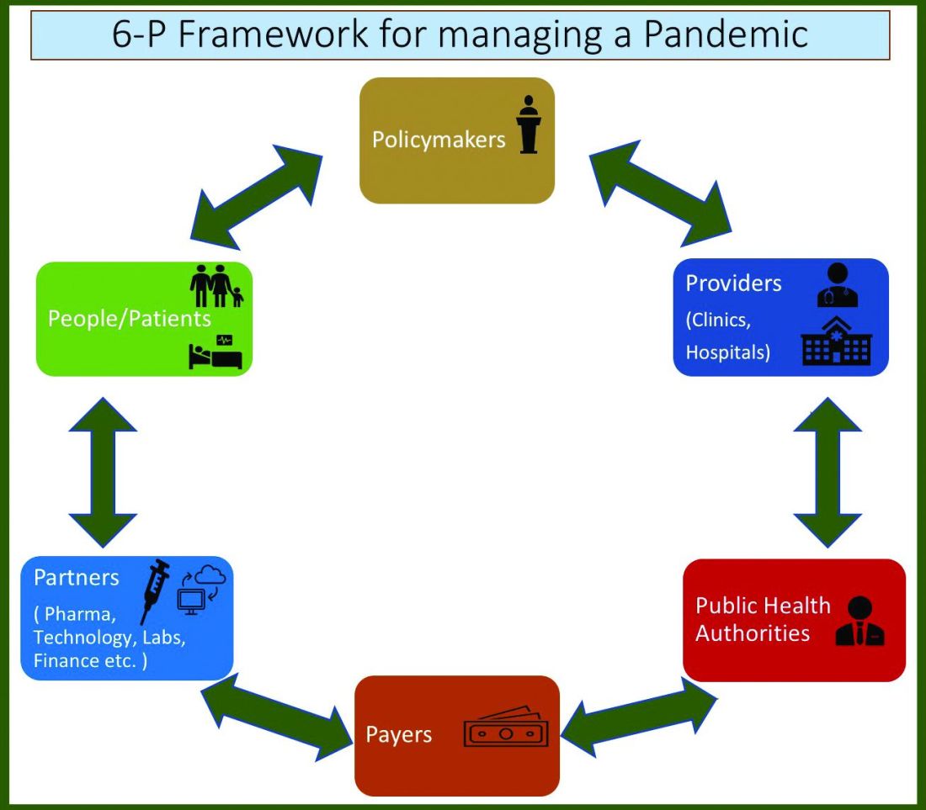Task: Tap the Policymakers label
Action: (439, 139)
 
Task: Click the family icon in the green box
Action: (216, 286)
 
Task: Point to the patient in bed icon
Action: (216, 352)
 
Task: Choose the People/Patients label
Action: (129, 319)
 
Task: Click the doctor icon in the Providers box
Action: (837, 286)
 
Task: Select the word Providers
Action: (733, 283)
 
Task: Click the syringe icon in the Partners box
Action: (154, 590)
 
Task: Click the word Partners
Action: (77, 578)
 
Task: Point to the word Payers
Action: (398, 734)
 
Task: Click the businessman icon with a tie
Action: (859, 622)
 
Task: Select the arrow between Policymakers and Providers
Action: (661, 189)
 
